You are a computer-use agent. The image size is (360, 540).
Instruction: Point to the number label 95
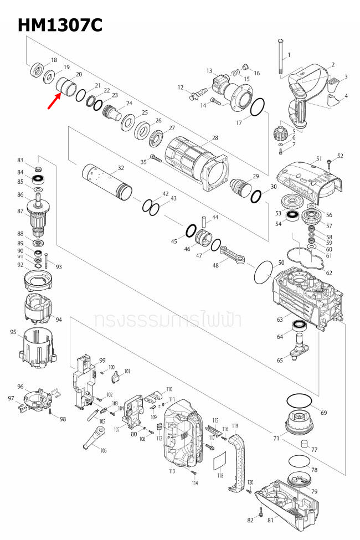[x=13, y=332]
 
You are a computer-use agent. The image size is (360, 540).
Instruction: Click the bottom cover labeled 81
[x=287, y=502]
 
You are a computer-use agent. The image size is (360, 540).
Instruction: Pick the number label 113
[x=172, y=471]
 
